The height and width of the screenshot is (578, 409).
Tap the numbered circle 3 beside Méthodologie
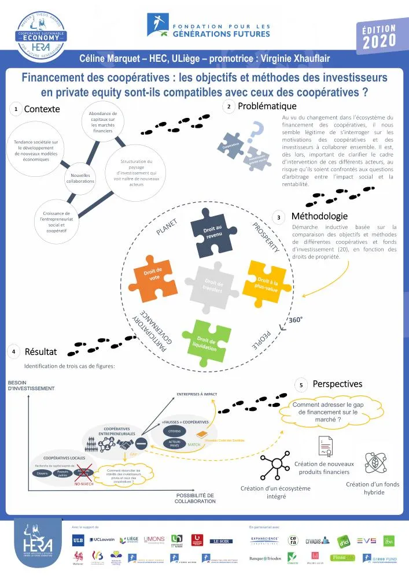tap(279, 217)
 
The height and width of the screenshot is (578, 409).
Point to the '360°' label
tap(296, 319)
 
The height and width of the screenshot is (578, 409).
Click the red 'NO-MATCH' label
tap(84, 484)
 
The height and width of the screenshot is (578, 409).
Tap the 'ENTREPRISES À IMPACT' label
tap(196, 394)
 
